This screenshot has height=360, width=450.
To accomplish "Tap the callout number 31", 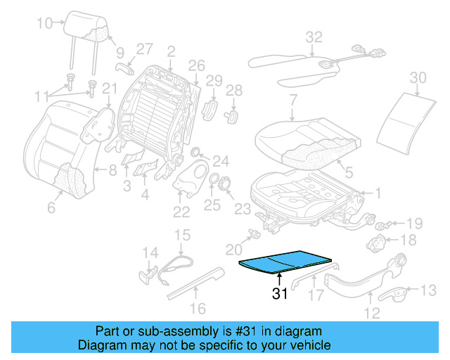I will click(x=281, y=295).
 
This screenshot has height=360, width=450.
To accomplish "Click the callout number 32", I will click(x=314, y=36).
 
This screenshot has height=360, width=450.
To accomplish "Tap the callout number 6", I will click(x=51, y=207).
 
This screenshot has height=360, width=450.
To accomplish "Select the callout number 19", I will click(x=414, y=224).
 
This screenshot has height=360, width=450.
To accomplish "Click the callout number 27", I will click(x=144, y=49).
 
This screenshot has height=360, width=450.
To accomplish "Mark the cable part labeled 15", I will click(x=176, y=266).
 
